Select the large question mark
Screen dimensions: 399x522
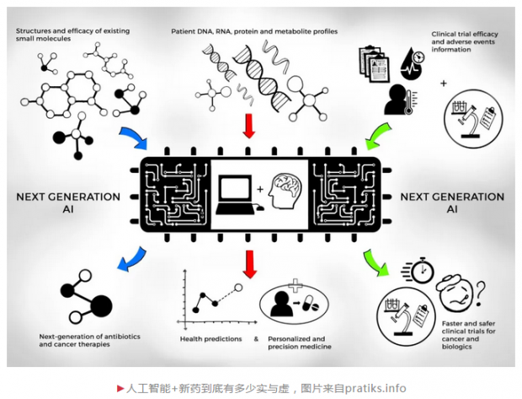coord(481,294)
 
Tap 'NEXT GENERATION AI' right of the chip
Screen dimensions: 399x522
coord(452,202)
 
